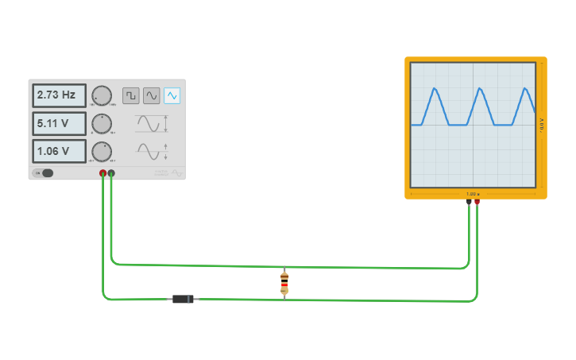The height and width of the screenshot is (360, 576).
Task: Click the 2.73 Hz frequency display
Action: (x=59, y=95)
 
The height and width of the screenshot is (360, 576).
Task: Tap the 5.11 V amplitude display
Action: (x=59, y=123)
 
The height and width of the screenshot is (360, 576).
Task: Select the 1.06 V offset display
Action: (x=59, y=151)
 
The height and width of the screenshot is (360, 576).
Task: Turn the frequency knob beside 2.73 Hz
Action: (x=102, y=95)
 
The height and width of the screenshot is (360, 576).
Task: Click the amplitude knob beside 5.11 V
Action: (x=102, y=123)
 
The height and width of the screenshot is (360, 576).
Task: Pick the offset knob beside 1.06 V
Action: (x=102, y=151)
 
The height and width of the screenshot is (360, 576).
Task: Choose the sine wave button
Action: (x=151, y=95)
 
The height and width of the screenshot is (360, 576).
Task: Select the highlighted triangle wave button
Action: (x=172, y=95)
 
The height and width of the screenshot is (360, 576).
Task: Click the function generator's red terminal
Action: (x=102, y=172)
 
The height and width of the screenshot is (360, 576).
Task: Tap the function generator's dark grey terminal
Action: (x=111, y=172)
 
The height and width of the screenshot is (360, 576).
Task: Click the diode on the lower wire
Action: (x=184, y=299)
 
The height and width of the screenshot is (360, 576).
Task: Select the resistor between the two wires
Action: (x=284, y=283)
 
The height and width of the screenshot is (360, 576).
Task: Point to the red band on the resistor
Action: (x=284, y=285)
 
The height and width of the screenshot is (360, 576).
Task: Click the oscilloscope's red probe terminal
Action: (x=477, y=202)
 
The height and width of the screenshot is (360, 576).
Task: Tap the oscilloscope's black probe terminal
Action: (x=469, y=202)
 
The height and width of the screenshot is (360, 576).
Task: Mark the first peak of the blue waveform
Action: (x=435, y=88)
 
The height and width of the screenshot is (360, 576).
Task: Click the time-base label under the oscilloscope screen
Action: (x=473, y=194)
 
